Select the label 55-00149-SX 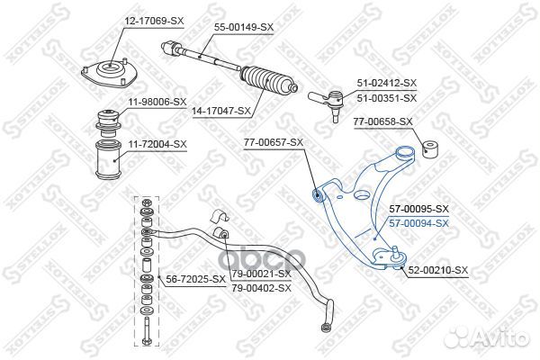(x=244, y=28)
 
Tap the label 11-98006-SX (x=157, y=103)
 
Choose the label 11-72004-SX (x=157, y=144)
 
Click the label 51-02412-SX (x=388, y=83)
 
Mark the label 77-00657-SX (x=274, y=142)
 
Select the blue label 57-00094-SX (x=418, y=222)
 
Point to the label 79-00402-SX (x=261, y=288)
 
